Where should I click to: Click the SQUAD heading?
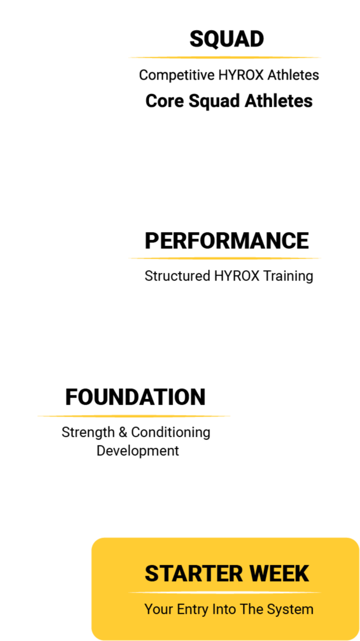coord(226,39)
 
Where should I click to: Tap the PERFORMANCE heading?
coord(227,241)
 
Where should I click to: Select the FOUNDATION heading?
coord(135,397)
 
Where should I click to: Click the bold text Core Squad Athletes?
coord(229,101)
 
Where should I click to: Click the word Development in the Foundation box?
coord(138,451)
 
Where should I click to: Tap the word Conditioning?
coord(170,432)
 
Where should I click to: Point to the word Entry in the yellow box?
coord(192,609)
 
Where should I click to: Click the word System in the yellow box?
coord(293,609)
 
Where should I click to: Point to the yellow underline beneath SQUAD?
coord(225,57)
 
